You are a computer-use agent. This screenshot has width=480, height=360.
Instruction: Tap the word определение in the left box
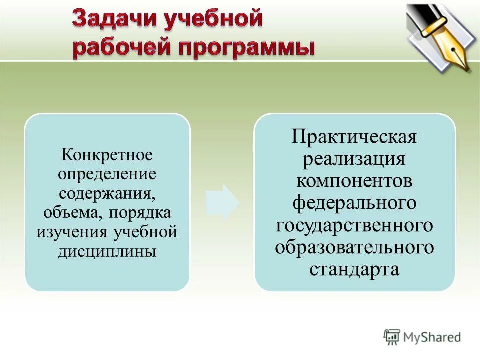(x=107, y=174)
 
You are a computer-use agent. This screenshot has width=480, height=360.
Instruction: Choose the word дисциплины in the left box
(x=107, y=251)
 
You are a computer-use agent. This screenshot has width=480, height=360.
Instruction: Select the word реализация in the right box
(x=354, y=159)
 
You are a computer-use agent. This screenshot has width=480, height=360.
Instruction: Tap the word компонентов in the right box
(x=354, y=181)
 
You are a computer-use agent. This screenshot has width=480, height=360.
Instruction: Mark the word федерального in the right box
(x=354, y=203)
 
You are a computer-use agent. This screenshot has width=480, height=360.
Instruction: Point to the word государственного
(x=354, y=225)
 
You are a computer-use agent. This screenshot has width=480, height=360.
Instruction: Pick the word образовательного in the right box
(x=354, y=247)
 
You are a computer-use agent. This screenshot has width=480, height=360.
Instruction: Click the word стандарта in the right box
(x=354, y=269)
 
